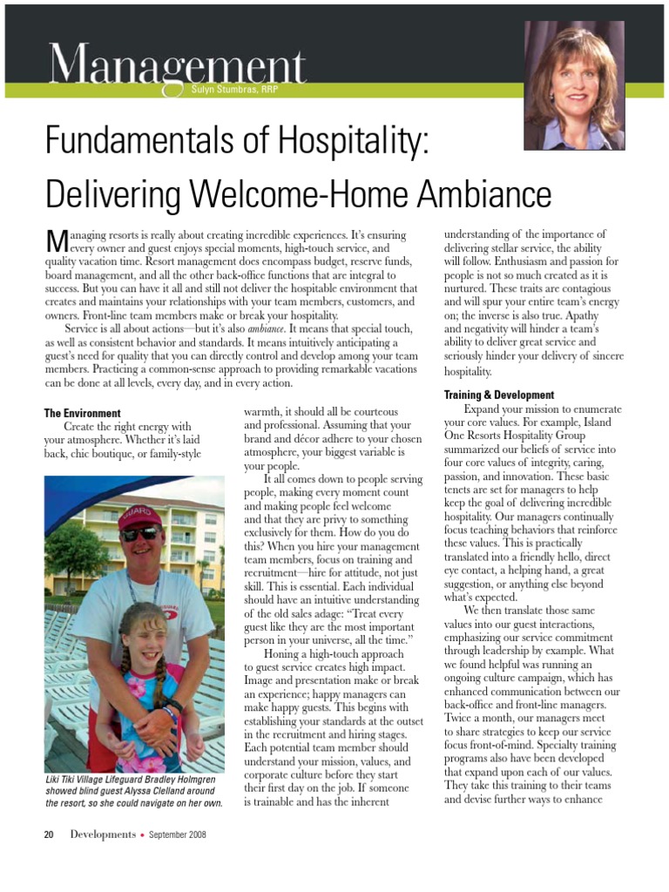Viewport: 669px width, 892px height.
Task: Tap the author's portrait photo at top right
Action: [573, 84]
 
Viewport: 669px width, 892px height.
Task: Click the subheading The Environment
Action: [83, 413]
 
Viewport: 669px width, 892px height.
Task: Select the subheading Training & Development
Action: [499, 395]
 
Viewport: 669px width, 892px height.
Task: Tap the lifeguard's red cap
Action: [139, 517]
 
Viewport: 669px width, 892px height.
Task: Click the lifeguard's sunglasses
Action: [139, 533]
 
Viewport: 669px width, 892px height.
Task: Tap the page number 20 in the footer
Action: [50, 835]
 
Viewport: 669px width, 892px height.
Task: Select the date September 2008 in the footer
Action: [178, 835]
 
